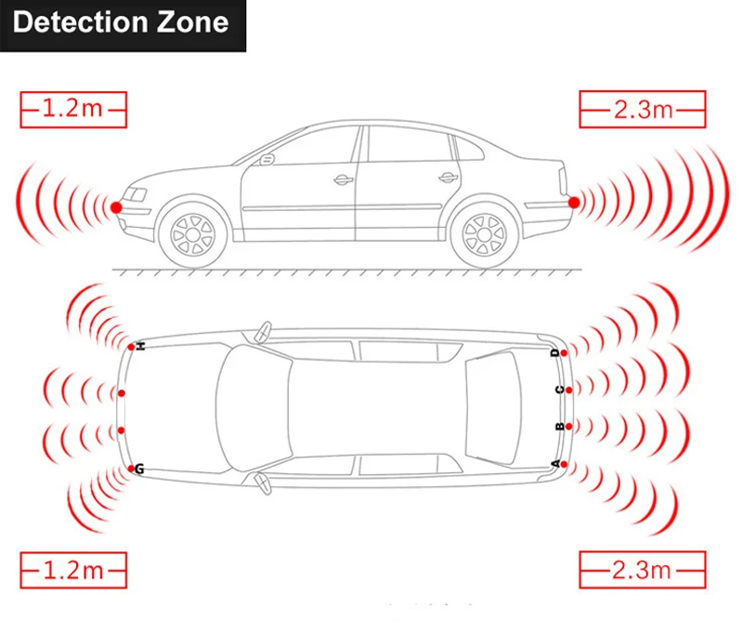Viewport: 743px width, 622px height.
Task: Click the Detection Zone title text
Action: pyautogui.click(x=121, y=23)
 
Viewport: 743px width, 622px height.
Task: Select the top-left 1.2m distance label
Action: pyautogui.click(x=72, y=110)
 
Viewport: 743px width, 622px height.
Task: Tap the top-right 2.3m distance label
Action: pyautogui.click(x=642, y=110)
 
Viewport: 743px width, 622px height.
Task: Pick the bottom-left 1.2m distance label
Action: pyautogui.click(x=72, y=568)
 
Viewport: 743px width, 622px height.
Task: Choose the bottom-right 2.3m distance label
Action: pyautogui.click(x=642, y=568)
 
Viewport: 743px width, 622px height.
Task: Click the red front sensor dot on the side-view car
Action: pyautogui.click(x=116, y=206)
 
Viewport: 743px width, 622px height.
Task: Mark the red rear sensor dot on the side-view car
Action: pyautogui.click(x=574, y=202)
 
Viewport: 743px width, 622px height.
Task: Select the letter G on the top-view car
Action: pyautogui.click(x=139, y=469)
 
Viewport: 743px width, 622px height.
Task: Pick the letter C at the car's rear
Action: pyautogui.click(x=558, y=390)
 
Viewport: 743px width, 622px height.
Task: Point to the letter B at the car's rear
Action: pyautogui.click(x=558, y=428)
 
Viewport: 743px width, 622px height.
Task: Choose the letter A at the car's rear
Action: pyautogui.click(x=556, y=464)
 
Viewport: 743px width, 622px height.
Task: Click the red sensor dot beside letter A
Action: pyautogui.click(x=565, y=464)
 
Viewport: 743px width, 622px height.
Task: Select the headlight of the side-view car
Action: pyautogui.click(x=136, y=195)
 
